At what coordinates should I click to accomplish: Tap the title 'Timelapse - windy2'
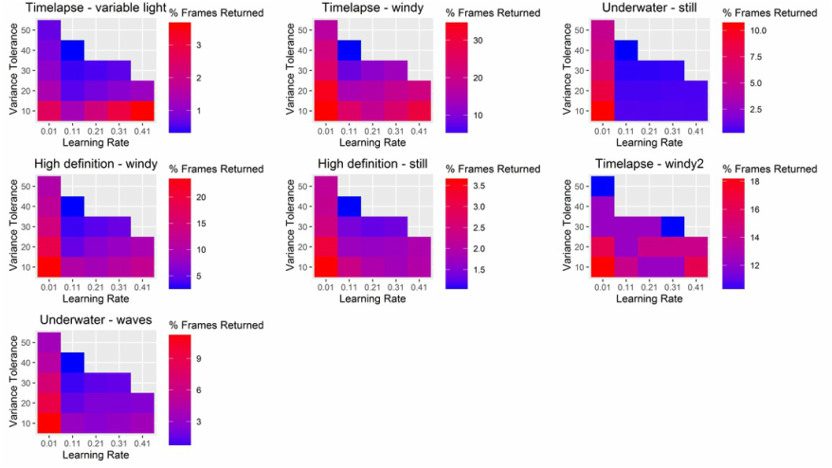pos(649,164)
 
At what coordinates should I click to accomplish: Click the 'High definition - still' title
pos(371,164)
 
